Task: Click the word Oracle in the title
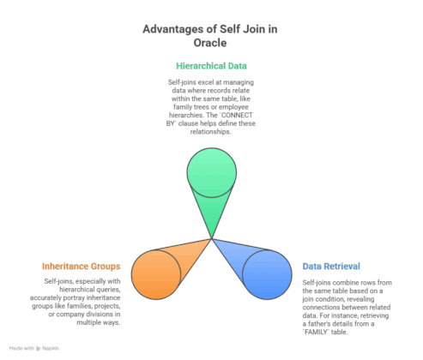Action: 210,43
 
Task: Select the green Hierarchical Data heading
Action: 211,66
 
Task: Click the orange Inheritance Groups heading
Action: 82,267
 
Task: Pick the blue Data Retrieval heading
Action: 331,267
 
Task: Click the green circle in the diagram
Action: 212,172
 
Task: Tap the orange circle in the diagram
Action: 156,274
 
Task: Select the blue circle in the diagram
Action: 267,274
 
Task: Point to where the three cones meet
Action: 212,238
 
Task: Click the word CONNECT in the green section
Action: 237,115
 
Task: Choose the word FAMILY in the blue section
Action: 317,332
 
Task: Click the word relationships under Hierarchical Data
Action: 210,132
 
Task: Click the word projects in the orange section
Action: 107,306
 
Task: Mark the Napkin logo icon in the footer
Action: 39,349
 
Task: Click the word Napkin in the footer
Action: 51,348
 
